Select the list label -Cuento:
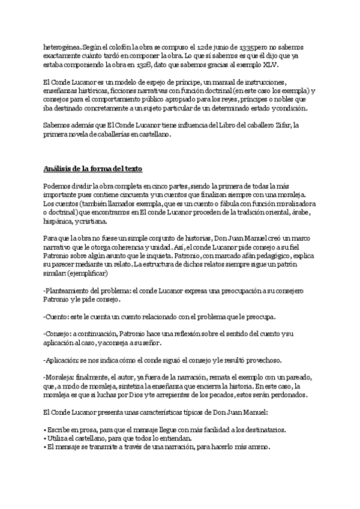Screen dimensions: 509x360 (58, 316)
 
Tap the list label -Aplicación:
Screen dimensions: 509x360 (64, 360)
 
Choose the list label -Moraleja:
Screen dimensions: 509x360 (62, 378)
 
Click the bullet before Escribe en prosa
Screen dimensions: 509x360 (45, 430)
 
